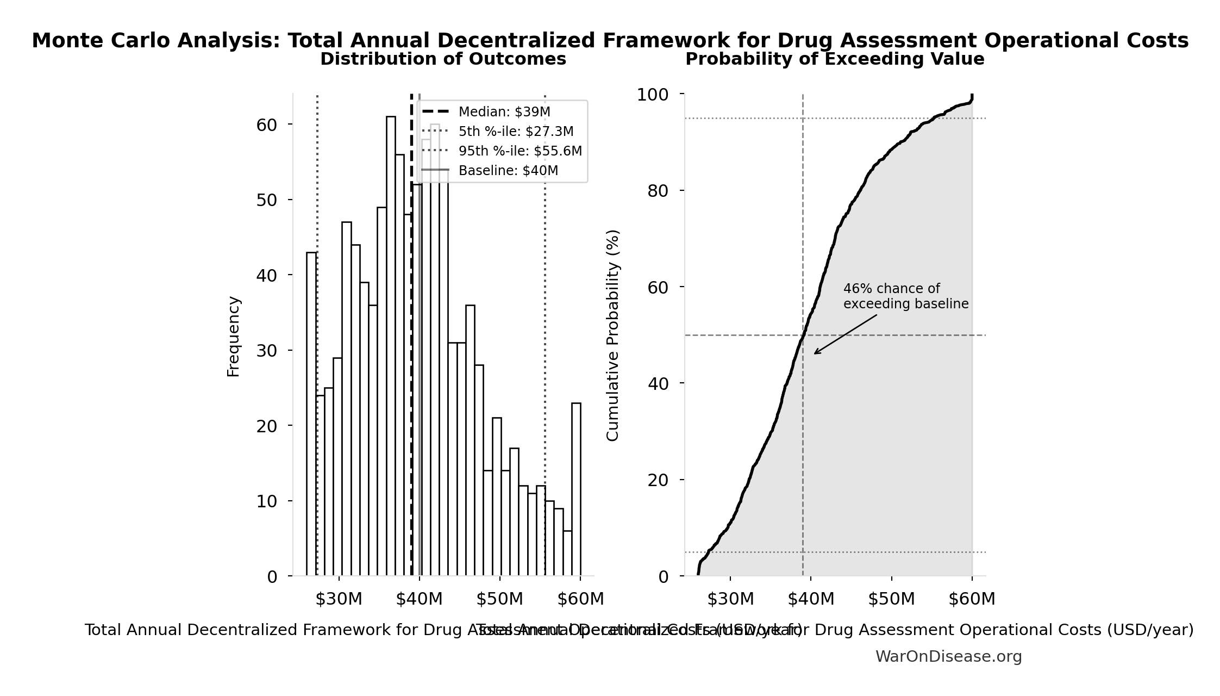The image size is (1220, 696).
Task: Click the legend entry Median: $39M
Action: (x=503, y=112)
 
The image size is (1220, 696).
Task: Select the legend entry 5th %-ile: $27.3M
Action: (x=515, y=132)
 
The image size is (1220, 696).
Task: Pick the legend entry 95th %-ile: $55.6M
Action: (x=520, y=151)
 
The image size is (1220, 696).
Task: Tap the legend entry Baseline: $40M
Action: (x=508, y=171)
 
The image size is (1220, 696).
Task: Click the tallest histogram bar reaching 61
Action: (x=391, y=348)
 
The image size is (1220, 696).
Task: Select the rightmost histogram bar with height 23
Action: (x=576, y=489)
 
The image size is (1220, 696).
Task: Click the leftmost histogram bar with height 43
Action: (x=311, y=413)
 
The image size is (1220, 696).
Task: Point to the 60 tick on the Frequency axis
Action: (x=266, y=125)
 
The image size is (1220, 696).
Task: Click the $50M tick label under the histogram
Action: (x=499, y=599)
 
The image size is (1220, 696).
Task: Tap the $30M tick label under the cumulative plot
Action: (x=730, y=599)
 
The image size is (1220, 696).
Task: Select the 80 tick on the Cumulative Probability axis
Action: (x=658, y=191)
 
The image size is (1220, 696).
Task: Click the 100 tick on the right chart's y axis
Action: (x=653, y=95)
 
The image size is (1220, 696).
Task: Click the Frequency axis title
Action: (x=233, y=336)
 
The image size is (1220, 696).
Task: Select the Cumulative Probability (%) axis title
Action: (x=612, y=335)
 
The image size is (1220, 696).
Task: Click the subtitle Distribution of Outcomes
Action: (x=443, y=59)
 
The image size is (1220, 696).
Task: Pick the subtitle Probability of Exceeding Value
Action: (x=835, y=59)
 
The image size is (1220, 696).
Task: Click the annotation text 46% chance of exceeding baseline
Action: (x=905, y=296)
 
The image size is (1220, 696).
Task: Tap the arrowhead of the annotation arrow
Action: (x=815, y=353)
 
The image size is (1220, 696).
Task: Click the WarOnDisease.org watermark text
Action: (x=948, y=657)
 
